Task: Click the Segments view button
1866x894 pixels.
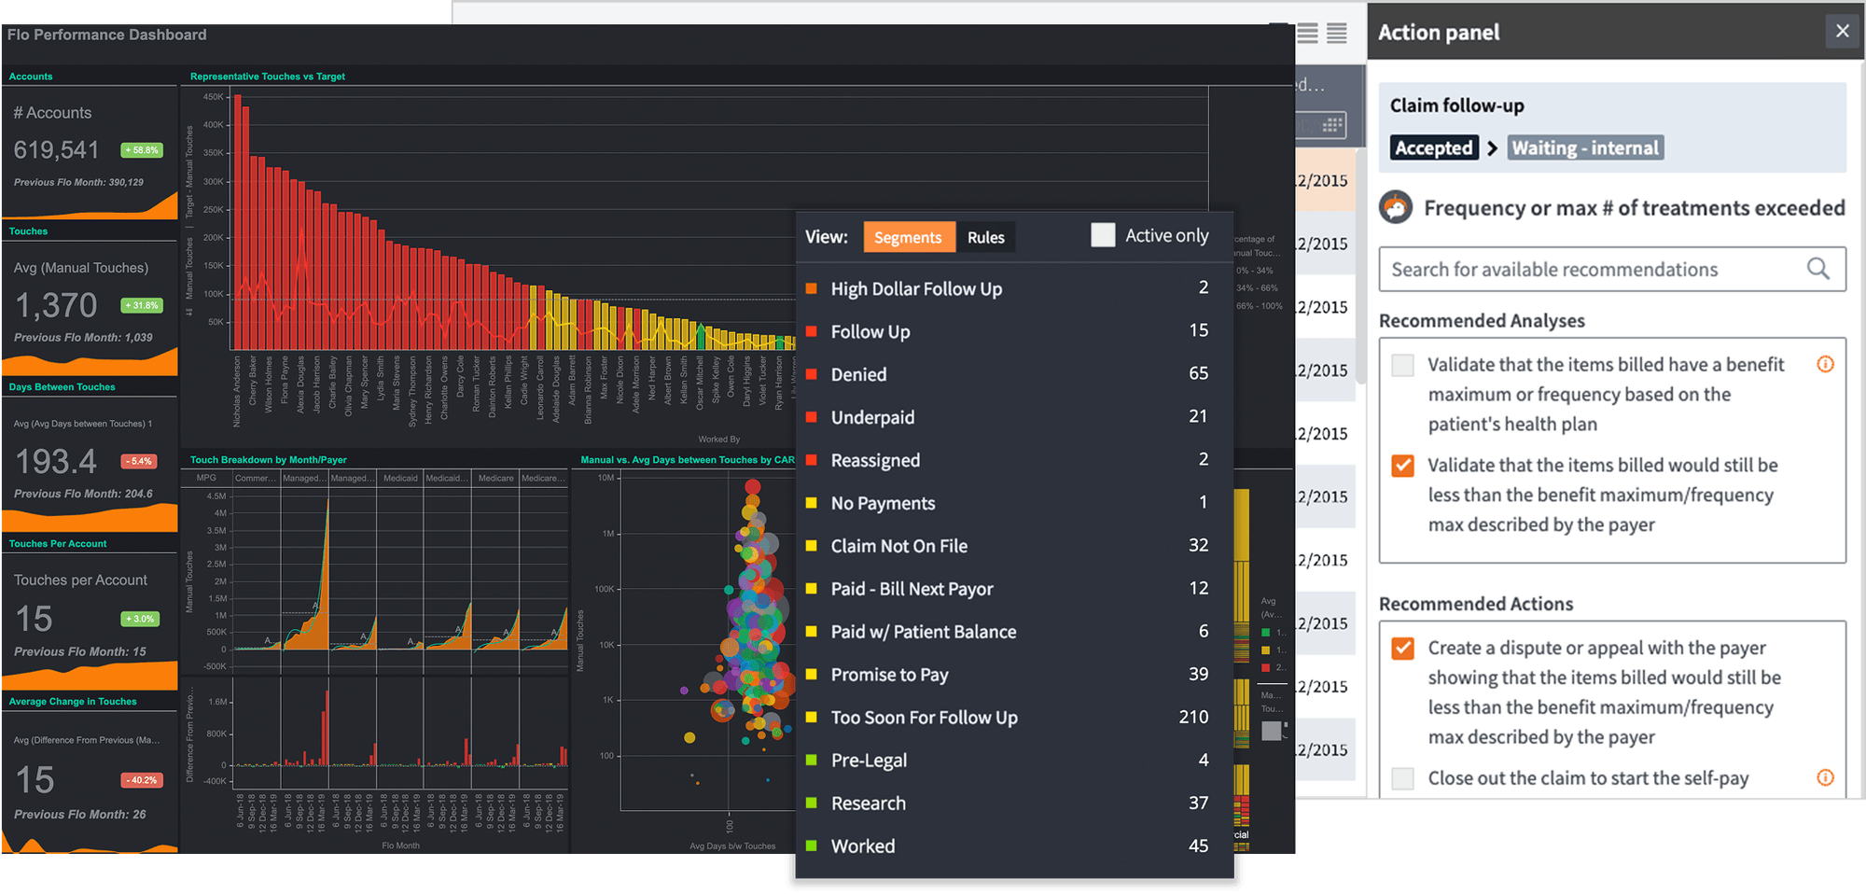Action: coord(908,237)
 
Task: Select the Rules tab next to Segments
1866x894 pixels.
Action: coord(985,237)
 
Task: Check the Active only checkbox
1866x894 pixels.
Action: coord(1103,235)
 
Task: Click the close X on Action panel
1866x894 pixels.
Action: coord(1842,31)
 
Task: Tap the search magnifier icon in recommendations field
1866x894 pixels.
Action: coord(1817,269)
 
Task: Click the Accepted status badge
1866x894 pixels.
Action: coord(1433,147)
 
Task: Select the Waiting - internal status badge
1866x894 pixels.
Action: coord(1584,147)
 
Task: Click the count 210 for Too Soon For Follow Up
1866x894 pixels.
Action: coord(1193,717)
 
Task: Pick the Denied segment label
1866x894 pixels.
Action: coord(858,374)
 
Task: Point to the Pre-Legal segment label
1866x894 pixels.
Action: coord(869,761)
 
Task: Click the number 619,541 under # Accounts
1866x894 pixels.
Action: coord(56,149)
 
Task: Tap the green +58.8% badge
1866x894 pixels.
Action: coord(142,150)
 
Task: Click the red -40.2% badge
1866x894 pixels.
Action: coord(142,780)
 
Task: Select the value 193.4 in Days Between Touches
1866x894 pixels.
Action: coord(56,461)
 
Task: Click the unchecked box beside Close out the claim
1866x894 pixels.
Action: coord(1402,778)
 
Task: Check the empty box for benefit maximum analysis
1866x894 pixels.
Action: coord(1402,365)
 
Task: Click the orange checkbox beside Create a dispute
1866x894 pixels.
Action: coord(1402,648)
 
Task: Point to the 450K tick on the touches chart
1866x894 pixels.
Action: coord(214,97)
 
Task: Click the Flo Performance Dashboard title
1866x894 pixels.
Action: coord(106,35)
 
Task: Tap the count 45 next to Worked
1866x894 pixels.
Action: coord(1198,845)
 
